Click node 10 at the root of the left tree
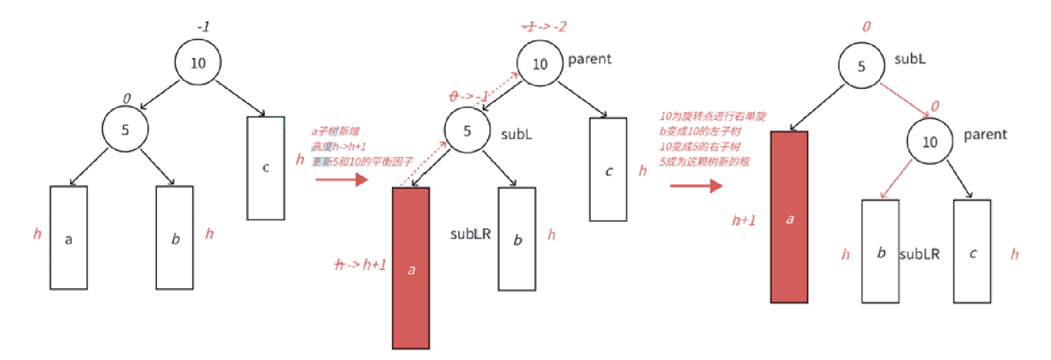198,63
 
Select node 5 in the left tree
125,129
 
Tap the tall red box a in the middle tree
411,268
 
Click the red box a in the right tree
789,217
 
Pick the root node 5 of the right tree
861,66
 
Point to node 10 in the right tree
929,142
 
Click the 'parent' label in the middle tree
589,59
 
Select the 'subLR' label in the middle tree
470,234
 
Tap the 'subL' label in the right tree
909,59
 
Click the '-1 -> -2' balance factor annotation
544,26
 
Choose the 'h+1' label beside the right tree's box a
743,221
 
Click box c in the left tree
265,168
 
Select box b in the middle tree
517,239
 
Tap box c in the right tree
972,251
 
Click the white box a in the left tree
68,238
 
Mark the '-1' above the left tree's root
203,26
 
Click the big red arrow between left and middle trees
342,179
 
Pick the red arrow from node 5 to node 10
905,99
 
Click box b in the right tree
880,251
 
